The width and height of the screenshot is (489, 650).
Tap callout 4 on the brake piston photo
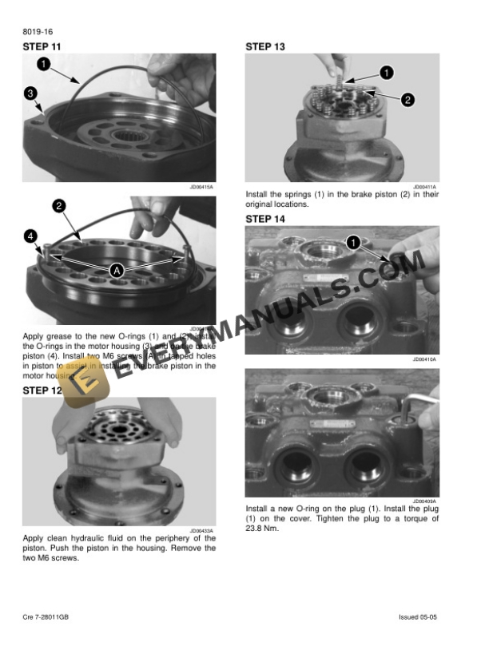pos(30,236)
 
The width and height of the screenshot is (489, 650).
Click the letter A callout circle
pos(117,271)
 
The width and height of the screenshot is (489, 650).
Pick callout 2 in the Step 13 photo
pos(407,100)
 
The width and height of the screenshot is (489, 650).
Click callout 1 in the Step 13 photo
pos(386,73)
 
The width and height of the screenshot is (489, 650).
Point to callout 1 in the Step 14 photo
pos(352,241)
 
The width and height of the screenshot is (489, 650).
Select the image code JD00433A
pos(201,530)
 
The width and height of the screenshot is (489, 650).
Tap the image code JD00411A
pos(425,188)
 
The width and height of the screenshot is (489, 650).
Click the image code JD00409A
pos(425,501)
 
